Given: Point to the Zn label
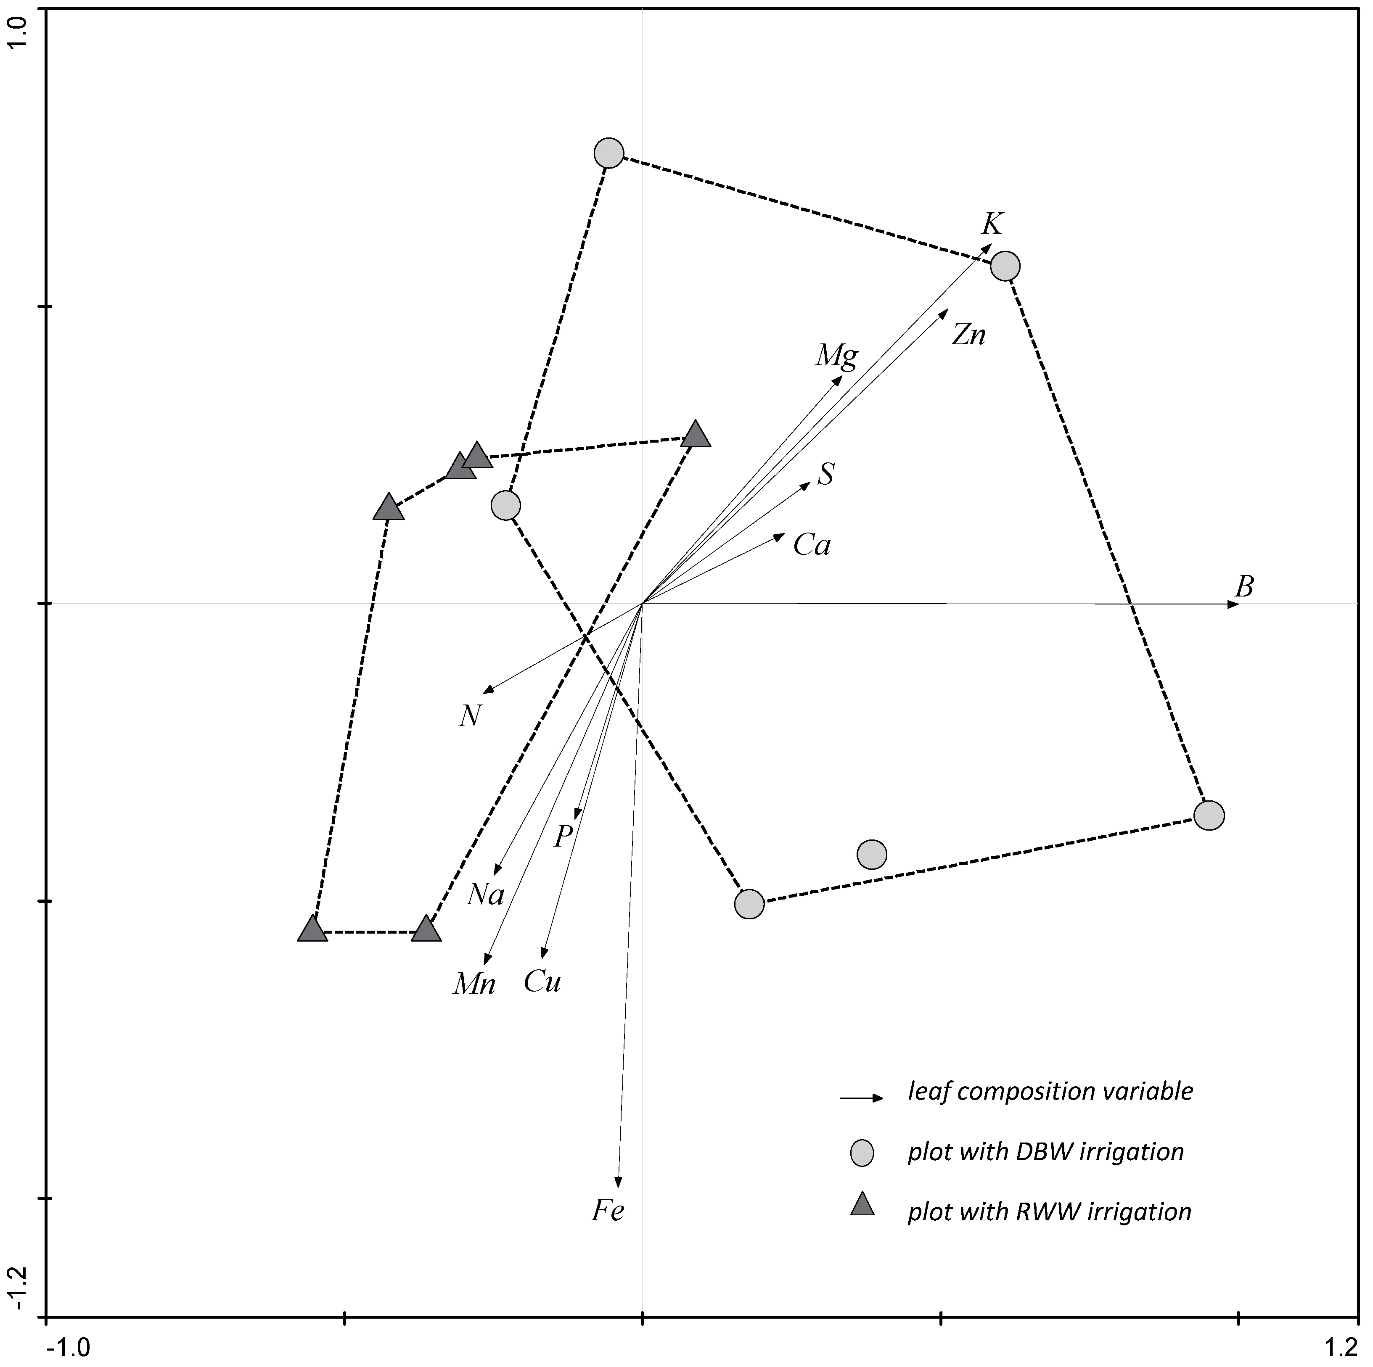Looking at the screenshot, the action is [x=968, y=335].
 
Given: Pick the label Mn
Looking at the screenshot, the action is [x=474, y=984].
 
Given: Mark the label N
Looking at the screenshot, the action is [x=470, y=716].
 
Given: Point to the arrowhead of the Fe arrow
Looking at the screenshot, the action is [x=618, y=1182].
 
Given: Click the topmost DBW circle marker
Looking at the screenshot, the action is [x=609, y=153].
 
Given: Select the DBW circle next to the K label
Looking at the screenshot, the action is [x=1005, y=266].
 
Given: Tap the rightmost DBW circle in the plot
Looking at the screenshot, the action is [x=1209, y=815].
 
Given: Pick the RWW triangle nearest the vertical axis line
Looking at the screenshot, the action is [x=695, y=435].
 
